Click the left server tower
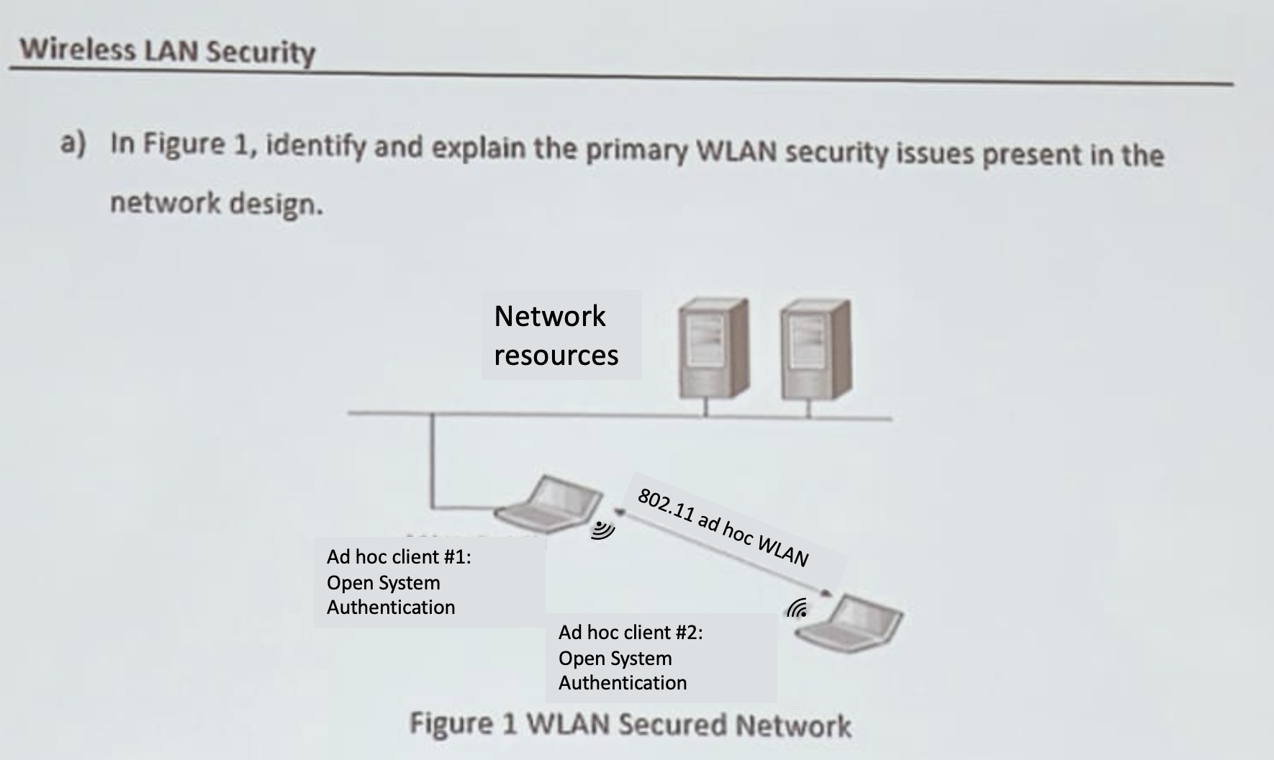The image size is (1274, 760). [x=713, y=349]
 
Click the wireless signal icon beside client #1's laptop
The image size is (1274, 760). [x=603, y=530]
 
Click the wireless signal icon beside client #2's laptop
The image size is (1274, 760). [x=797, y=609]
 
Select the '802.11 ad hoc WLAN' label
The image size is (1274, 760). [x=723, y=527]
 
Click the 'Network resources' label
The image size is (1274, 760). [x=556, y=335]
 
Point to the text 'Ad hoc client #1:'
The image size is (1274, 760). [x=399, y=557]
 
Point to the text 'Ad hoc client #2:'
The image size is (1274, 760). [x=631, y=633]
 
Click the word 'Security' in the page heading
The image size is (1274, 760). [x=260, y=52]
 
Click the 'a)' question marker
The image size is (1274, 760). [x=73, y=143]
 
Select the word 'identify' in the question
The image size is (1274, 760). [x=315, y=146]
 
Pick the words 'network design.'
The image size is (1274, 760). [x=216, y=204]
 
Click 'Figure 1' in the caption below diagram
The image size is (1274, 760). [x=464, y=723]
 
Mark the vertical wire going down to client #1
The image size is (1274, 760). [x=433, y=461]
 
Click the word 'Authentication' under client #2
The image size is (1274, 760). [x=623, y=683]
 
